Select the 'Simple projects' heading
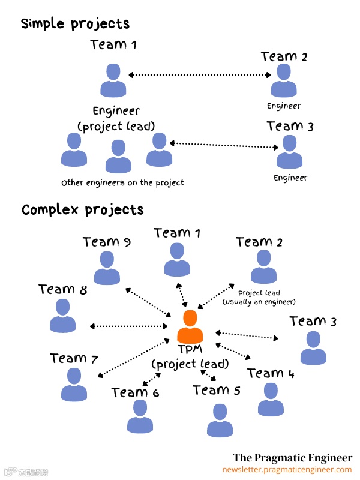[x=75, y=24]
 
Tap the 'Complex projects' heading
[x=82, y=210]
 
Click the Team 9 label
[x=107, y=242]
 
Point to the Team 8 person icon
[x=62, y=316]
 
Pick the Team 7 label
[x=74, y=359]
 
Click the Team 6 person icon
[x=140, y=416]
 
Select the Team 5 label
[x=217, y=391]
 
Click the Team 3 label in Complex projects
[x=313, y=322]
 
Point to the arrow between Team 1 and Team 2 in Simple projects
[x=200, y=75]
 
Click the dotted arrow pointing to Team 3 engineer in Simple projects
[x=225, y=145]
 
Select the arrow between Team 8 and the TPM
[x=129, y=326]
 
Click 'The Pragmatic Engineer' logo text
[x=292, y=458]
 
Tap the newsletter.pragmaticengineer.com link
[x=287, y=470]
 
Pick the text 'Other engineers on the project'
[x=122, y=182]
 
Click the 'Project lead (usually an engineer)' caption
[x=259, y=297]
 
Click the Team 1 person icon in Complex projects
[x=176, y=260]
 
